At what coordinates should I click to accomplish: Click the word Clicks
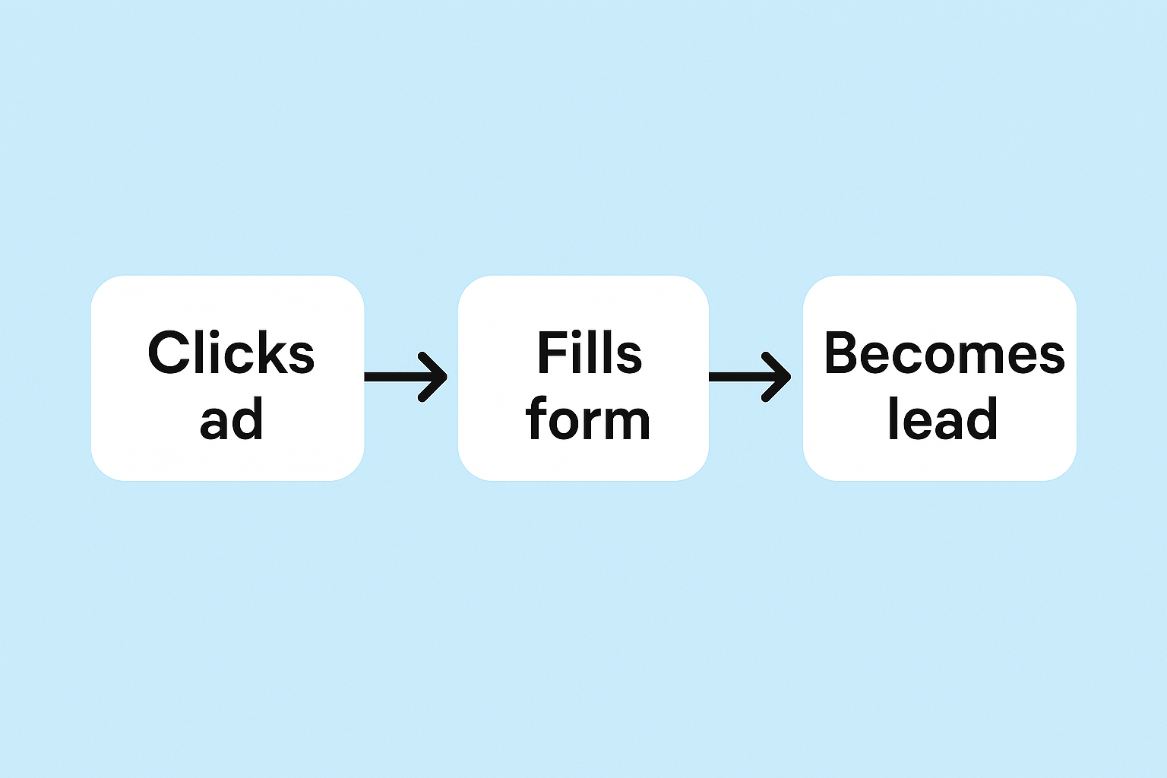click(231, 353)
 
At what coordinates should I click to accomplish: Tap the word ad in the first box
click(231, 419)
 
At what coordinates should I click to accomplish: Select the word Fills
click(590, 353)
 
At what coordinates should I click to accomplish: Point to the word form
click(588, 418)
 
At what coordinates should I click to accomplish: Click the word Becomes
click(944, 353)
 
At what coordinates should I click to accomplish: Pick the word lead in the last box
click(942, 418)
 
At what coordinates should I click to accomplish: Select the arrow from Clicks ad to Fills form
click(406, 377)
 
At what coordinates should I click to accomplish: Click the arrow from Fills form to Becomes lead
click(750, 377)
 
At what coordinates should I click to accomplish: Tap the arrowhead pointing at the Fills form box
click(434, 377)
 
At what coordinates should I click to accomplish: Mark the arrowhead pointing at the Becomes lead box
click(777, 377)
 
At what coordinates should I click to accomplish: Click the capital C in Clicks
click(169, 353)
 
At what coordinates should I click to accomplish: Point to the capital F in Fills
click(553, 353)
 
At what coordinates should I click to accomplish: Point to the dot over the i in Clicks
click(208, 336)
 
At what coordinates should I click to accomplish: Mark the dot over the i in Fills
click(582, 336)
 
